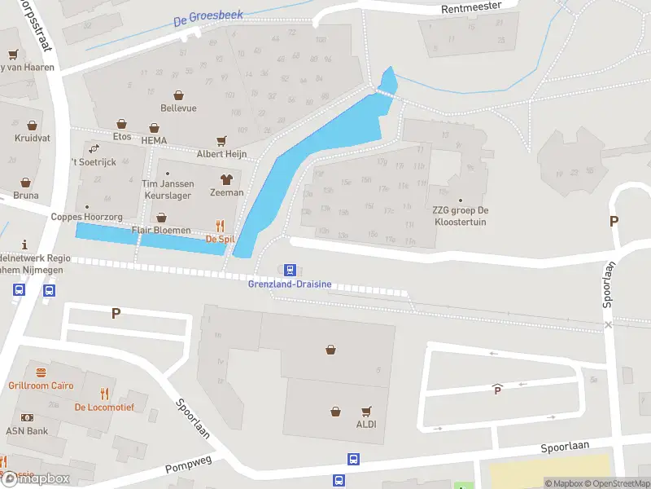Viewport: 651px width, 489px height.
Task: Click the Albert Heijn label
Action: (221, 153)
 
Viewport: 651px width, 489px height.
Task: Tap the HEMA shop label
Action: (154, 140)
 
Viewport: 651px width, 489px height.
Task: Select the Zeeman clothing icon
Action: (226, 179)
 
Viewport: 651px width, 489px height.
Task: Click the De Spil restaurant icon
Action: (220, 226)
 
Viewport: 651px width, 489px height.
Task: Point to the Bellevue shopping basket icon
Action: (178, 95)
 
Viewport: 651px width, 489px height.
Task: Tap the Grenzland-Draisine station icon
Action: (289, 270)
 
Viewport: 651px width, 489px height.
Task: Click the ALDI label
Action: (366, 425)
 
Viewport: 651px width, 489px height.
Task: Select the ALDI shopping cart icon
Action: (366, 412)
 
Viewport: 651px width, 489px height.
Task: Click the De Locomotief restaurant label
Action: (103, 407)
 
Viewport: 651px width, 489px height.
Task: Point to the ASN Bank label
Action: (27, 431)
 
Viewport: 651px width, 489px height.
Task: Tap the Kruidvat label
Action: (33, 138)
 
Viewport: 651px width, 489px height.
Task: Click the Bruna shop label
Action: (26, 195)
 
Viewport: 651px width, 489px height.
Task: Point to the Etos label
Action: (122, 137)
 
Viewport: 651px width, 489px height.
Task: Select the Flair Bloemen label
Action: (161, 231)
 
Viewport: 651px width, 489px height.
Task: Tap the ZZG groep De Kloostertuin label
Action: (461, 215)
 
